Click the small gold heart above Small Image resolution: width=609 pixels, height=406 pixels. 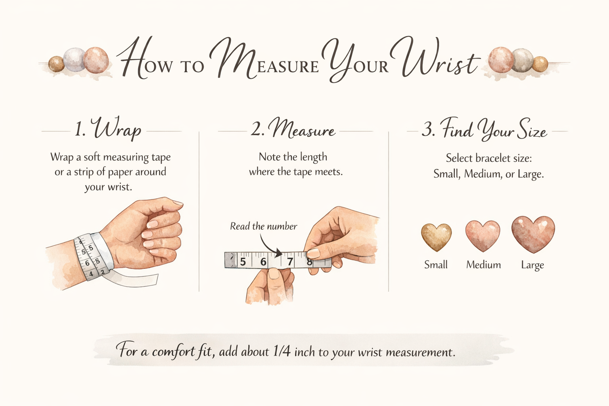tap(436, 237)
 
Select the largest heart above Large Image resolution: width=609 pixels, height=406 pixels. tap(533, 234)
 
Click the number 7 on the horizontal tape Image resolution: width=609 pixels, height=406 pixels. tap(290, 262)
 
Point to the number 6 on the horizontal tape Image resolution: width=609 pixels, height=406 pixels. tap(263, 262)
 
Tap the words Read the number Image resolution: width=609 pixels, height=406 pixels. tap(263, 226)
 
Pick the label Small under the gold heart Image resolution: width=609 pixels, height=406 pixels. tap(436, 265)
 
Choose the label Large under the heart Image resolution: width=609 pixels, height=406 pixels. tap(532, 265)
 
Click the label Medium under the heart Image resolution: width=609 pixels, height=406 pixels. tap(483, 265)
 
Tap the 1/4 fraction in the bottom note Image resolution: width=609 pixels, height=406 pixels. tap(282, 352)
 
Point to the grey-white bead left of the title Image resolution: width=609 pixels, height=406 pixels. tap(75, 59)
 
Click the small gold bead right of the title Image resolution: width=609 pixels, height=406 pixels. tap(540, 64)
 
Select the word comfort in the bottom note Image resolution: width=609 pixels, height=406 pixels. tap(173, 352)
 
